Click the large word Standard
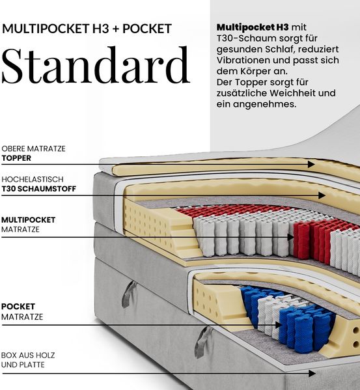tap(96, 65)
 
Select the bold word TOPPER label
tap(16, 158)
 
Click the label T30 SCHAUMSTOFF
tap(39, 189)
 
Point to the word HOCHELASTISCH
tap(33, 179)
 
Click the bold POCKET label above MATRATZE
tap(18, 307)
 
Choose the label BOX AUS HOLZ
tap(28, 355)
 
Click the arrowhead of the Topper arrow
tap(311, 164)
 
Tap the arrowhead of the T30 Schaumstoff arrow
tap(322, 195)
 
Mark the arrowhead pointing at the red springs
tap(291, 237)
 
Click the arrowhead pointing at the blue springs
tap(279, 325)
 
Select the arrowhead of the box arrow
tap(312, 373)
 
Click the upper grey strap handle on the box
tap(128, 294)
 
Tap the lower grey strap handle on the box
tap(202, 342)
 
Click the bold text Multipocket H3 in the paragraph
tap(253, 27)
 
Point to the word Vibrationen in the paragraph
tap(243, 60)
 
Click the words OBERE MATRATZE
tap(34, 148)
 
